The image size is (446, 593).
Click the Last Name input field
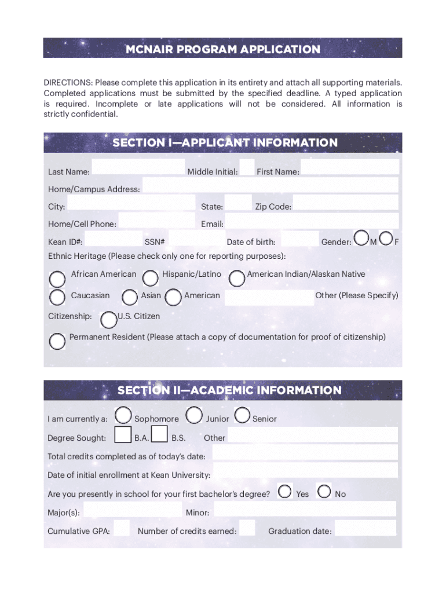pyautogui.click(x=138, y=167)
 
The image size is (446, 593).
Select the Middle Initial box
pyautogui.click(x=247, y=167)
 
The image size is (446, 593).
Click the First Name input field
pyautogui.click(x=349, y=167)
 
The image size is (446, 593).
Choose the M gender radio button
pyautogui.click(x=361, y=238)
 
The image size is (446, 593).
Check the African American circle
pyautogui.click(x=57, y=279)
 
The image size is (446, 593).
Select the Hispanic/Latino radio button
pyautogui.click(x=151, y=279)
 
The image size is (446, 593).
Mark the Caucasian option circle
pyautogui.click(x=57, y=298)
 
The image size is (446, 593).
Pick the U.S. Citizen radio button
pyautogui.click(x=108, y=320)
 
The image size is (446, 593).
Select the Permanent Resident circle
pyautogui.click(x=57, y=342)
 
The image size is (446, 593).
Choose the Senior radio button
pyautogui.click(x=242, y=415)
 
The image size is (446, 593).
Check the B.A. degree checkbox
pyautogui.click(x=123, y=434)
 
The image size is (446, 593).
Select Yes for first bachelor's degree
pyautogui.click(x=284, y=492)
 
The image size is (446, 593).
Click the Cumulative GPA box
pyautogui.click(x=122, y=528)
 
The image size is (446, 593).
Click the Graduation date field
pyautogui.click(x=365, y=528)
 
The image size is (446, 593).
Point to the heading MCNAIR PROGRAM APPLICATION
pyautogui.click(x=222, y=49)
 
